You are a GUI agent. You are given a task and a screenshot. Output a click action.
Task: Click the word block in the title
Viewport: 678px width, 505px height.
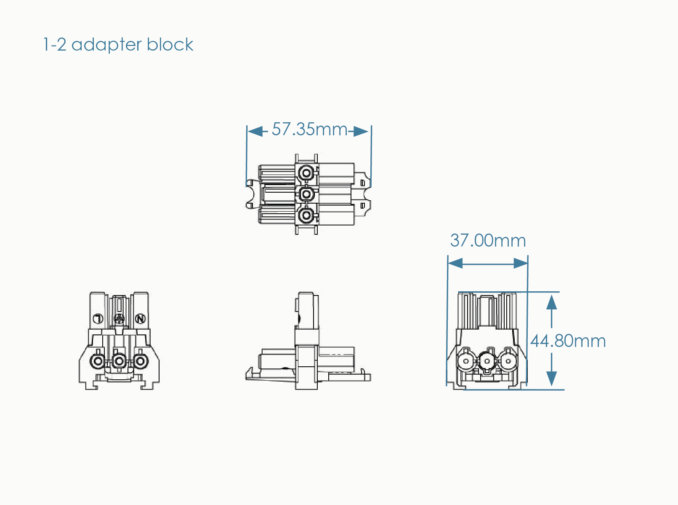pos(170,44)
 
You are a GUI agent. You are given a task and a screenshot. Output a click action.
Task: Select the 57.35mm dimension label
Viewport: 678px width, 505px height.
pos(309,129)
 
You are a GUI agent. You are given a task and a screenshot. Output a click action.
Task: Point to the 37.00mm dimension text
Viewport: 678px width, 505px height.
pos(488,241)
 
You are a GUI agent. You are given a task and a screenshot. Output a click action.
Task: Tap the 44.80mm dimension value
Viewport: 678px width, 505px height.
pos(568,341)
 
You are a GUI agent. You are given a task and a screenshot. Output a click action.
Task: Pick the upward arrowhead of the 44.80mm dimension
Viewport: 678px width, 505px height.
pos(551,302)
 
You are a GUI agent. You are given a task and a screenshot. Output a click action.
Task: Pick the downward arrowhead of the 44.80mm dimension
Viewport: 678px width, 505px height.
pos(551,379)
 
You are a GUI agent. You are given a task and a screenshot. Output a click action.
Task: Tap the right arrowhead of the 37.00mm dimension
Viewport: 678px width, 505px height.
pos(521,263)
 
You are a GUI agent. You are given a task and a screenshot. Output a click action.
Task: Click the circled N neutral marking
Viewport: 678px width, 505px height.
pos(140,319)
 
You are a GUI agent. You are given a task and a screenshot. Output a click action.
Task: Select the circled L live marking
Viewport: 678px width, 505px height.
pos(98,319)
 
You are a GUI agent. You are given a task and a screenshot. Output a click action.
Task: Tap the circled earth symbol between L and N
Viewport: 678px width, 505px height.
pos(120,319)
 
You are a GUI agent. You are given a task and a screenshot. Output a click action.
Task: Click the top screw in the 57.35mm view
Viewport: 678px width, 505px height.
pos(306,173)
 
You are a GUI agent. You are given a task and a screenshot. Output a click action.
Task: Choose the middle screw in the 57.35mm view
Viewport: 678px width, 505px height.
pos(306,194)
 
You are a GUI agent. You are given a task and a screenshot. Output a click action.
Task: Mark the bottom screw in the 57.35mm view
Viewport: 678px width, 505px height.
pos(306,215)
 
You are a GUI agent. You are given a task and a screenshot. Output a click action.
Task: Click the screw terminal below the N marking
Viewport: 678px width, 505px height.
pos(140,361)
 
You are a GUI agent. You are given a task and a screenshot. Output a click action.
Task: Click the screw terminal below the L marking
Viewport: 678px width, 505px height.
pos(98,361)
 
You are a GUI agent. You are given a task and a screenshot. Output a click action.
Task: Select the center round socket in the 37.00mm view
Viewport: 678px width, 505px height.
pos(487,361)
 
